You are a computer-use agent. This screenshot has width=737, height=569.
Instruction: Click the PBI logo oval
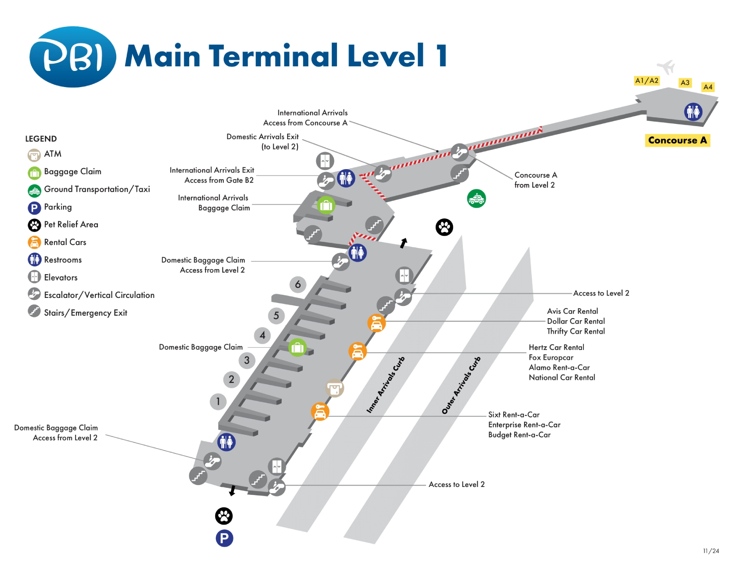[x=73, y=57]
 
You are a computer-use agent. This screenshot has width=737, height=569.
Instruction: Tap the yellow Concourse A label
[x=677, y=140]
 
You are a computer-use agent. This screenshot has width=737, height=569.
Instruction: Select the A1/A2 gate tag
[x=647, y=81]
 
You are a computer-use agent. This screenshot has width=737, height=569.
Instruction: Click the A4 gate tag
[x=708, y=87]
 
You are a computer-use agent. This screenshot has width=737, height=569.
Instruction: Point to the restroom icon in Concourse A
[x=693, y=112]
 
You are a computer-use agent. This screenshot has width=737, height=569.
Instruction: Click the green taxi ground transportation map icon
[x=476, y=199]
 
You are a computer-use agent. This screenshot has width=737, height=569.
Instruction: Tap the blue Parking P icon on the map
[x=224, y=538]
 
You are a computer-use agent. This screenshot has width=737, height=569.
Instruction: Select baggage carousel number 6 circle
[x=298, y=284]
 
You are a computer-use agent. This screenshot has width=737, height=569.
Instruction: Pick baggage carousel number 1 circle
[x=218, y=401]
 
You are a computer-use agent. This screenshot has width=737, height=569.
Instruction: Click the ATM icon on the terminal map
[x=334, y=388]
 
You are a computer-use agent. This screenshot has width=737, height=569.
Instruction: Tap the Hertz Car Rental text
[x=556, y=347]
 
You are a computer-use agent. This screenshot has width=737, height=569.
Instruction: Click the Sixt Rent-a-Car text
[x=514, y=414]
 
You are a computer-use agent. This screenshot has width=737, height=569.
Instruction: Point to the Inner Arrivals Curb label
[x=385, y=385]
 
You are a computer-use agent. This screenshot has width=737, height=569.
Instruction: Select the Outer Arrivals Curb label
[x=461, y=385]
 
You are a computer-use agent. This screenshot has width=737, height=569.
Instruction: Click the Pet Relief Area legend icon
[x=34, y=225]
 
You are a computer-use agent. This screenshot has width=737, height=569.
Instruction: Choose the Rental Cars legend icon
[x=34, y=242]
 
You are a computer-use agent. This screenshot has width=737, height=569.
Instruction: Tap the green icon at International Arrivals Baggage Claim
[x=326, y=206]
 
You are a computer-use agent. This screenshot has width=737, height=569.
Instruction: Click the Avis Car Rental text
[x=572, y=311]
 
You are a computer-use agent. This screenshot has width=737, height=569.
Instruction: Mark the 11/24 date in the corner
[x=711, y=551]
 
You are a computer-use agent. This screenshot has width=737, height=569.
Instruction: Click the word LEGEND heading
[x=41, y=139]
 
